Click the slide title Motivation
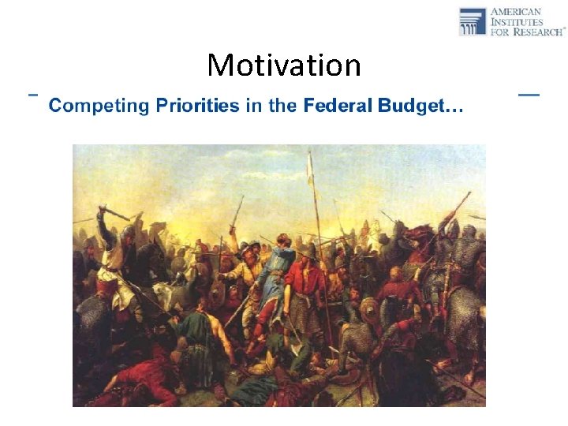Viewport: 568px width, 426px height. [283, 65]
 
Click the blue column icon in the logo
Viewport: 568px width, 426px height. [473, 21]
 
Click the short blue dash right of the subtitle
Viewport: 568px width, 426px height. [529, 95]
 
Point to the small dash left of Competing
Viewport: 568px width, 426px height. [33, 94]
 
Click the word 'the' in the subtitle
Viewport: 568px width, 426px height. [282, 106]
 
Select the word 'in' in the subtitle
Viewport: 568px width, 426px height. [253, 106]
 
